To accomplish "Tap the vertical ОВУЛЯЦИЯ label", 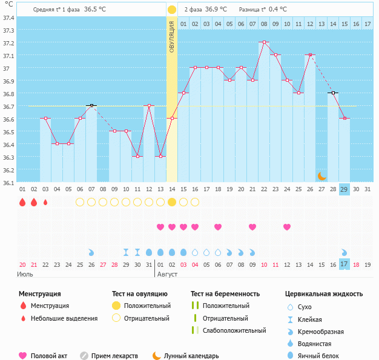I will pos(172,36).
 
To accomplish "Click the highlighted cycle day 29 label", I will pos(344,189).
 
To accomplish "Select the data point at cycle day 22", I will pos(263,42).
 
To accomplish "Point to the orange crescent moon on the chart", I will pos(321,176).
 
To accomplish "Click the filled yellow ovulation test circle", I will pos(172,202).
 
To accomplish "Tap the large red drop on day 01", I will pos(22,202).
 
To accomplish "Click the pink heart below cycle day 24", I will pos(287,227).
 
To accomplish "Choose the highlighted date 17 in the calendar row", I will pos(344,264).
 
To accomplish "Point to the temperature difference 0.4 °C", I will pos(278,10).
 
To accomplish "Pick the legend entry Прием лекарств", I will pos(114,356).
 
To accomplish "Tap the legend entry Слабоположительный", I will pos(234,330).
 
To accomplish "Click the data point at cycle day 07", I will pos(91,105).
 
